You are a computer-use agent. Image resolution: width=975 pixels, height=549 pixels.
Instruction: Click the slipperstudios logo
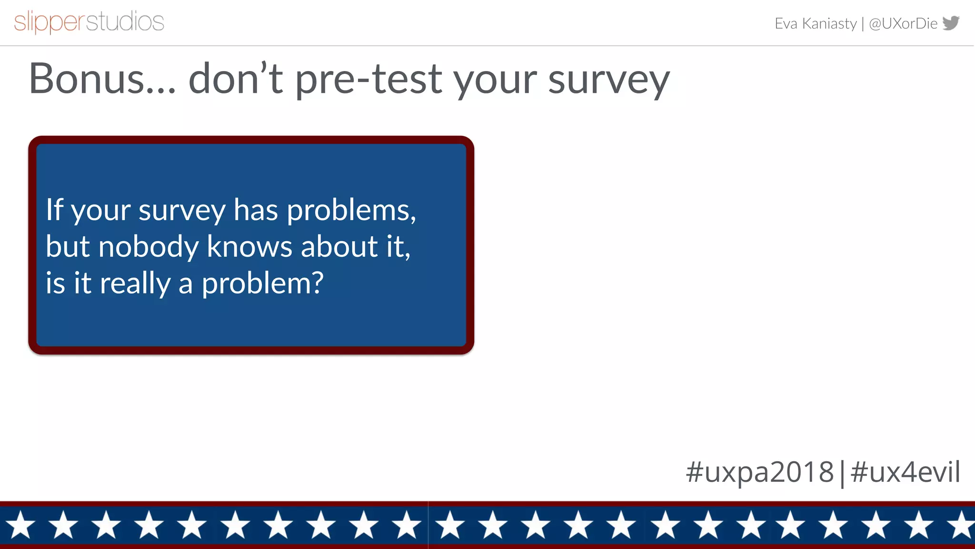[89, 22]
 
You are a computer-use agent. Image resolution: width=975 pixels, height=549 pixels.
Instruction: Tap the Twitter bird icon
[951, 23]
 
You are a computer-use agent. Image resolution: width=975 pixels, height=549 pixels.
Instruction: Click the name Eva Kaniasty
[815, 23]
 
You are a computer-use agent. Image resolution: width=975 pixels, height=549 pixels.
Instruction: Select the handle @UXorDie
[903, 23]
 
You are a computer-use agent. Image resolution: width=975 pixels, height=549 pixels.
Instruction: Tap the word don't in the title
[235, 79]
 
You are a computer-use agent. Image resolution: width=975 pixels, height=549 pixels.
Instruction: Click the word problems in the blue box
[351, 211]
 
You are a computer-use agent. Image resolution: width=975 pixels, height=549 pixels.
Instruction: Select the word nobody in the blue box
[148, 247]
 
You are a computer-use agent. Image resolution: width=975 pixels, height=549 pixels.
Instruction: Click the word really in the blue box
[135, 284]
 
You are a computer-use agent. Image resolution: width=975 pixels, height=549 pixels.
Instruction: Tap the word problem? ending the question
[262, 284]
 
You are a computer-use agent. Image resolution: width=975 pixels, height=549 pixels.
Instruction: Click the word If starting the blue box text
[54, 210]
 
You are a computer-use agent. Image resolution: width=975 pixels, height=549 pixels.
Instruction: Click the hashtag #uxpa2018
[759, 472]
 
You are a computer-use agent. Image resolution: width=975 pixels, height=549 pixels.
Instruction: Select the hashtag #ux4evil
[905, 472]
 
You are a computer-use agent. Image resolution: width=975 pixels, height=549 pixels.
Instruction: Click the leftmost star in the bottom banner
[20, 525]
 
